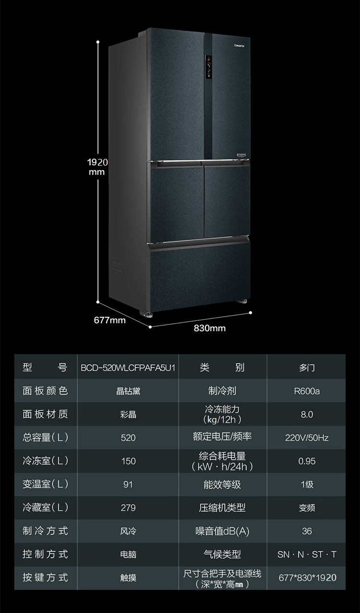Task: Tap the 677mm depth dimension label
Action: (x=109, y=320)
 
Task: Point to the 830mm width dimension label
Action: (x=209, y=328)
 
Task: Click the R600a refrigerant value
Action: (x=307, y=391)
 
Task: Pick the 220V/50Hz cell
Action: (x=307, y=438)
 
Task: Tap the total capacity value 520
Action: (x=128, y=438)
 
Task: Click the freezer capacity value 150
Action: (x=128, y=461)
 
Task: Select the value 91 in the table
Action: (x=128, y=484)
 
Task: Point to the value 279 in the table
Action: (x=128, y=508)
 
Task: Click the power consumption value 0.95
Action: (x=307, y=461)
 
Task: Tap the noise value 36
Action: (x=307, y=531)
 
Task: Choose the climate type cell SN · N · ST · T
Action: (x=307, y=554)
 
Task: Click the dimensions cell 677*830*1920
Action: (x=307, y=578)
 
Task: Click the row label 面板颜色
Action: (x=45, y=391)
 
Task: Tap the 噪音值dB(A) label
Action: (x=222, y=531)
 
